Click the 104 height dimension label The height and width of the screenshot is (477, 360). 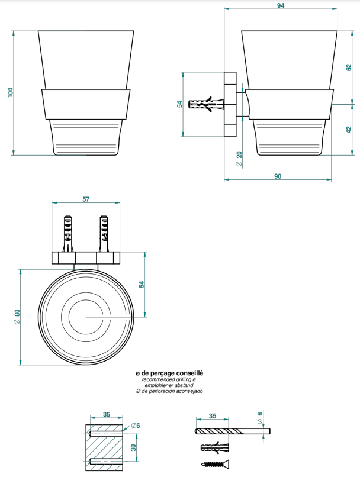pyautogui.click(x=11, y=92)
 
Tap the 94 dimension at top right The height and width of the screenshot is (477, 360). pyautogui.click(x=281, y=5)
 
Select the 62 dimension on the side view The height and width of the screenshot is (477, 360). pyautogui.click(x=349, y=67)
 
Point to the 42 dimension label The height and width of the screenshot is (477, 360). pyautogui.click(x=349, y=130)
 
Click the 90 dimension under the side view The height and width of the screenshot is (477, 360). pyautogui.click(x=278, y=176)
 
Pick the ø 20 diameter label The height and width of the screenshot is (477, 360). pyautogui.click(x=239, y=159)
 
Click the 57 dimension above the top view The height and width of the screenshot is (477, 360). pyautogui.click(x=86, y=199)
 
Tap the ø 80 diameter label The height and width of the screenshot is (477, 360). pyautogui.click(x=17, y=317)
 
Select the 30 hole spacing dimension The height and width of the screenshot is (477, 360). pyautogui.click(x=133, y=447)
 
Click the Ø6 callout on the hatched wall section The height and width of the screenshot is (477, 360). pyautogui.click(x=136, y=426)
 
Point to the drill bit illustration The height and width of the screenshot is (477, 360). pyautogui.click(x=232, y=431)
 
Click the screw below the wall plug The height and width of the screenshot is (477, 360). pyautogui.click(x=215, y=464)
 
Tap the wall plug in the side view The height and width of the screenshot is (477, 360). pyautogui.click(x=206, y=104)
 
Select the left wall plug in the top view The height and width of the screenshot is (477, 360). pyautogui.click(x=68, y=234)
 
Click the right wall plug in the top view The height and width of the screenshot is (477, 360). pyautogui.click(x=104, y=234)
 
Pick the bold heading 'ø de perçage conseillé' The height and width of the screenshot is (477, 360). pyautogui.click(x=169, y=373)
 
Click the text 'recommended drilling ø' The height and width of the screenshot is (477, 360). pyautogui.click(x=169, y=380)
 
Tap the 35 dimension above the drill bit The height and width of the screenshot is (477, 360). pyautogui.click(x=213, y=415)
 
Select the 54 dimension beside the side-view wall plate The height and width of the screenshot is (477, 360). pyautogui.click(x=180, y=104)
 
